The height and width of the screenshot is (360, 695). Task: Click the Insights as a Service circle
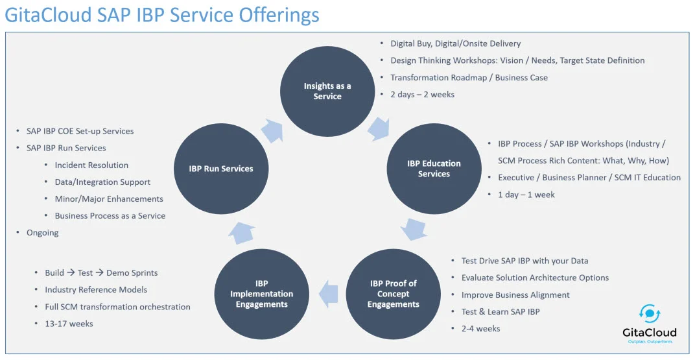tap(327, 91)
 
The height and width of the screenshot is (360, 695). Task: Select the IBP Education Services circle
tap(434, 169)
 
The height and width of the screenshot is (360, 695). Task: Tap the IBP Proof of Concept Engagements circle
tap(393, 294)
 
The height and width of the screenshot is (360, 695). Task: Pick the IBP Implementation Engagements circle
tap(261, 294)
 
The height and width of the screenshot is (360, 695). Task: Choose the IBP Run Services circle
tap(220, 169)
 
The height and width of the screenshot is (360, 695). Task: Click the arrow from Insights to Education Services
tap(379, 128)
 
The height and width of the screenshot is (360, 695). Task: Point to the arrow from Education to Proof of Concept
tap(413, 228)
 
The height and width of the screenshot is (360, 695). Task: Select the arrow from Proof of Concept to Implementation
tap(328, 294)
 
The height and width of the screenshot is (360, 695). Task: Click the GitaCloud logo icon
tap(650, 315)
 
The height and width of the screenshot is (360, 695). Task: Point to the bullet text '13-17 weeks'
tap(69, 324)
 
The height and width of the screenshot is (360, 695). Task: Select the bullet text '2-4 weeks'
tap(480, 328)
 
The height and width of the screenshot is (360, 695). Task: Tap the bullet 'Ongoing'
tap(43, 233)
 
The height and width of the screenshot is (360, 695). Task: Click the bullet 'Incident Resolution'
tap(91, 165)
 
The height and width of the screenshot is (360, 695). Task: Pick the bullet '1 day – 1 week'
tap(526, 195)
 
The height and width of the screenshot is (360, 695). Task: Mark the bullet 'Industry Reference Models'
tap(96, 290)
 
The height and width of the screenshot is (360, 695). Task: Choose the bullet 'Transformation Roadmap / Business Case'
tap(469, 78)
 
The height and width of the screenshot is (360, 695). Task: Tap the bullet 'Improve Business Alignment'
tap(515, 295)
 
